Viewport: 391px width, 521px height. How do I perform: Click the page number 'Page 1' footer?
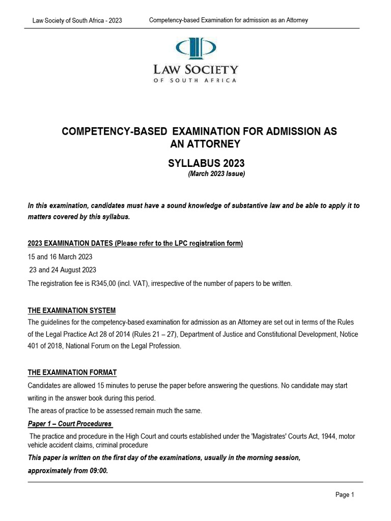(344, 495)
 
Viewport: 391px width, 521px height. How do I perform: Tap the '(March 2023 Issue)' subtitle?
(217, 174)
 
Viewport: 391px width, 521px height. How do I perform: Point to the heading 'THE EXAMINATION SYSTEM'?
(72, 310)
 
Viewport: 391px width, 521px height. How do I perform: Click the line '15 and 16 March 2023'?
(60, 257)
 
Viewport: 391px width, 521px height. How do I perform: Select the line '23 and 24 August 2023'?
(63, 270)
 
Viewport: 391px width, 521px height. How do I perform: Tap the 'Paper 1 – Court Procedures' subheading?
(70, 423)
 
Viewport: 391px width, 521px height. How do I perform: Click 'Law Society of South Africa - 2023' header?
(77, 20)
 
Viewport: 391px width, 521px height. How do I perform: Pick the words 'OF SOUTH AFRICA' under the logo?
(195, 80)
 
